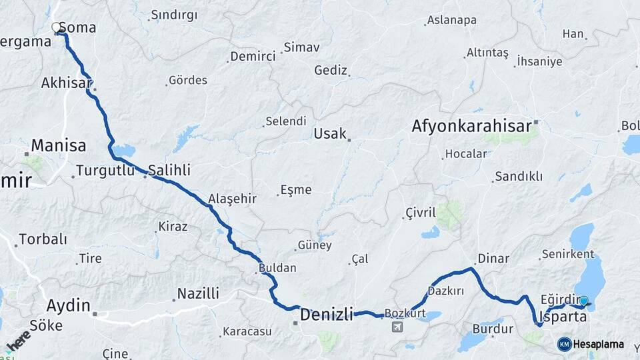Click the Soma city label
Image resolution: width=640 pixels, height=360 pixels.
(77, 28)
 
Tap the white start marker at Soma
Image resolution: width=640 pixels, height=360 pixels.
(57, 27)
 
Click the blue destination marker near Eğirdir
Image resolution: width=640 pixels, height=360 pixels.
(584, 301)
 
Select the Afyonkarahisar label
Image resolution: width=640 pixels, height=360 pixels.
(471, 125)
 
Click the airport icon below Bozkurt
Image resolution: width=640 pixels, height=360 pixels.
(398, 327)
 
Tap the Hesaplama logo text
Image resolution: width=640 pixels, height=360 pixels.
(598, 344)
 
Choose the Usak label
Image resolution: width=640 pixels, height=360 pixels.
(330, 133)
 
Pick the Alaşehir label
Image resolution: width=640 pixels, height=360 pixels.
(232, 199)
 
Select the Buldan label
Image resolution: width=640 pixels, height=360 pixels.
(277, 268)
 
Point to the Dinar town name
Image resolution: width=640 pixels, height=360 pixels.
(493, 259)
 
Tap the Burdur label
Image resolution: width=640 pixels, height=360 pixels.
(493, 329)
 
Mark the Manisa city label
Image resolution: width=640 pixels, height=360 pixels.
(59, 145)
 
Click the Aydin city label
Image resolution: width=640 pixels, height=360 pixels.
(68, 306)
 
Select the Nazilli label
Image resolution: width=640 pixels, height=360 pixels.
(198, 293)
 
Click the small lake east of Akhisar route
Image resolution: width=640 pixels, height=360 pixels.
(124, 149)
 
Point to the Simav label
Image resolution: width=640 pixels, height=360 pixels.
(301, 47)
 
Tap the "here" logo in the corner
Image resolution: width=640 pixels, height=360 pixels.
(18, 341)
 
